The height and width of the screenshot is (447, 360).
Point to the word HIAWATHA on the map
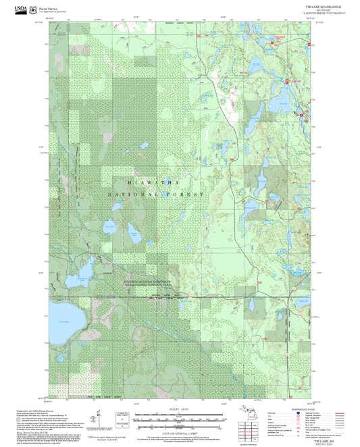pyautogui.click(x=152, y=183)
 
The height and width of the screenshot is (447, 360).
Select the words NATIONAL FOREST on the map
pyautogui.click(x=156, y=194)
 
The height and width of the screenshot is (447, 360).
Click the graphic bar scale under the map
pyautogui.click(x=178, y=419)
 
